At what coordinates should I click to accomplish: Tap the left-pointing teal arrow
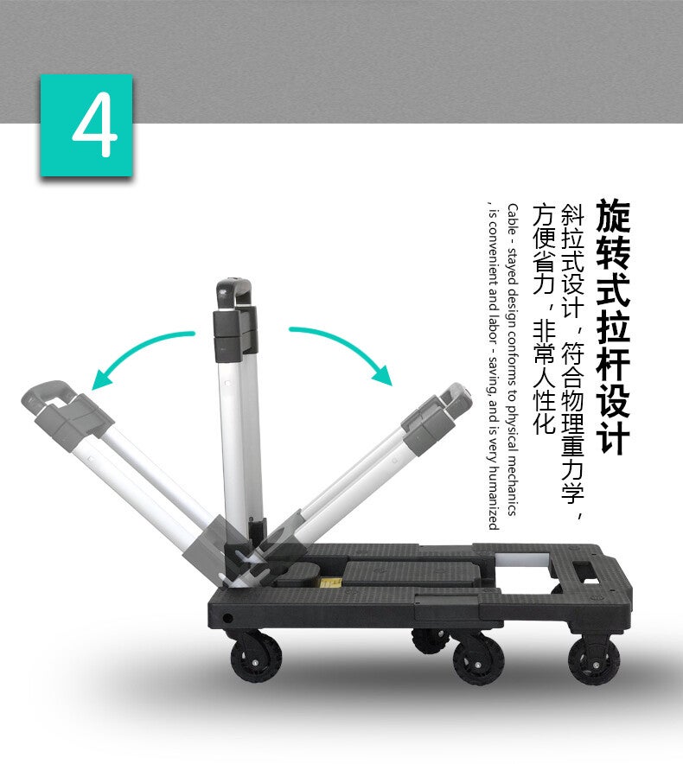(137, 350)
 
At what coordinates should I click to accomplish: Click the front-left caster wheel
(256, 659)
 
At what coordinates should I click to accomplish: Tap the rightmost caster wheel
(594, 660)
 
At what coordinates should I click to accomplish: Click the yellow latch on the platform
(329, 582)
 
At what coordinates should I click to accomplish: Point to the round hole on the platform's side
(227, 618)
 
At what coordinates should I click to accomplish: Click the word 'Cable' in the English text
(513, 219)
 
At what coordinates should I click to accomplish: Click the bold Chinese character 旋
(613, 215)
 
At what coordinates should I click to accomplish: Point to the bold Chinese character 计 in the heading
(613, 437)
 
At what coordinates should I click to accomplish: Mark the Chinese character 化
(544, 423)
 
